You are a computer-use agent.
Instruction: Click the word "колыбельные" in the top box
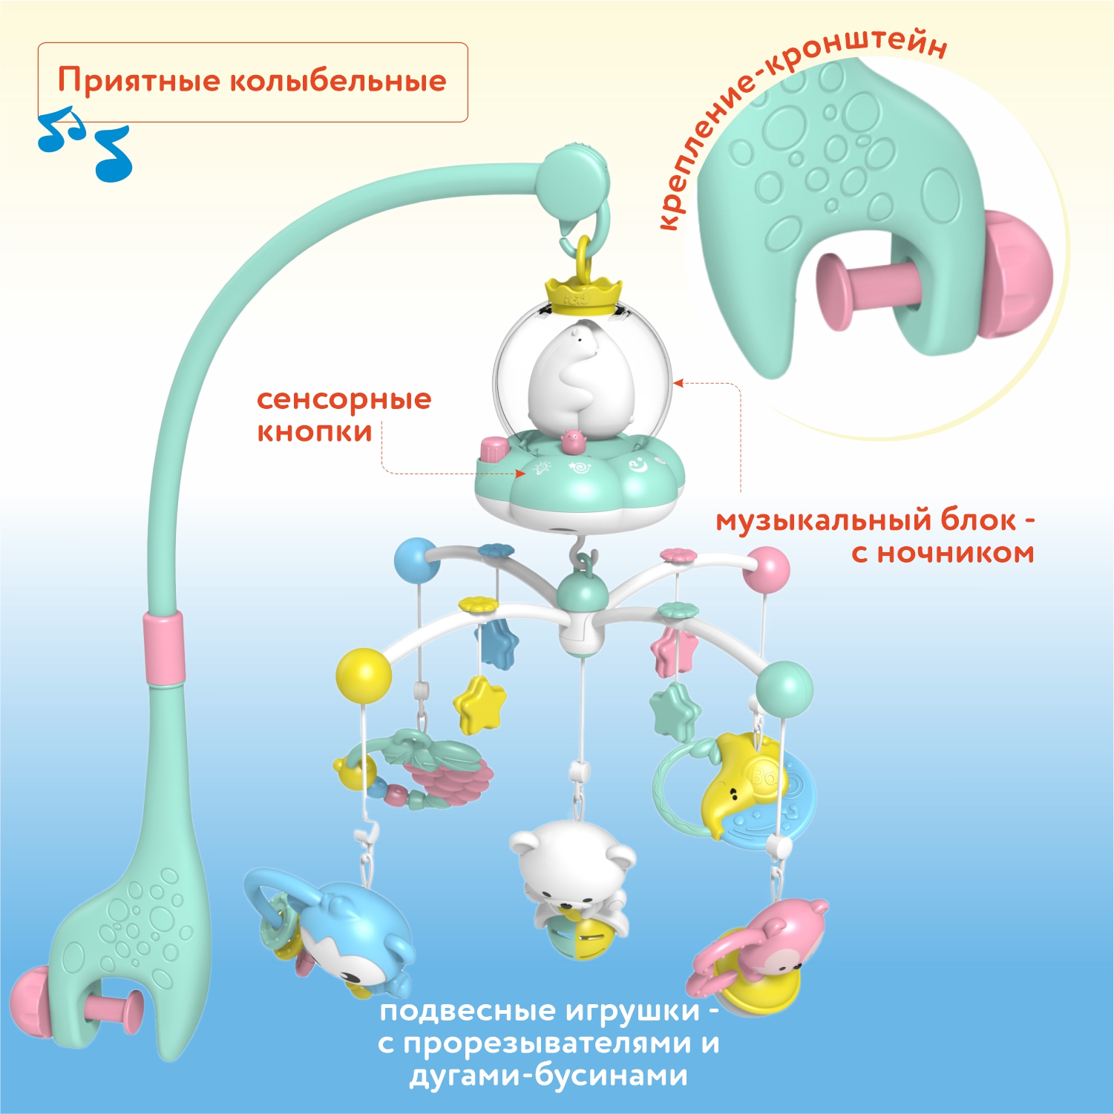click(338, 81)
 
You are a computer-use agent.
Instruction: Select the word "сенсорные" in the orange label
click(344, 399)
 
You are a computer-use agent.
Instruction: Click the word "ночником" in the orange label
click(956, 552)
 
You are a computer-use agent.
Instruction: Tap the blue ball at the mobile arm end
click(417, 560)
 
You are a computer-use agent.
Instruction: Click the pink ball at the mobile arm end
click(767, 569)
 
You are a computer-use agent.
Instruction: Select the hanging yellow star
click(479, 704)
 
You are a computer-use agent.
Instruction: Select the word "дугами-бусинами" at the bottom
click(548, 1075)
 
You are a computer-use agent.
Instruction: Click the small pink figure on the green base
click(572, 442)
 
